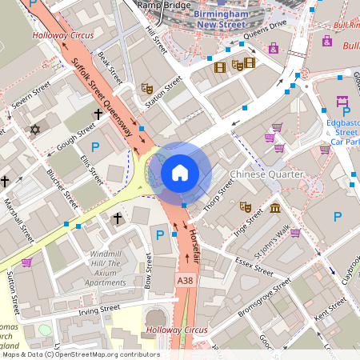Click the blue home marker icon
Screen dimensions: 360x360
(180, 172)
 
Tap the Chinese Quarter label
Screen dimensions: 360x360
(266, 174)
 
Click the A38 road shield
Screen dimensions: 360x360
(185, 280)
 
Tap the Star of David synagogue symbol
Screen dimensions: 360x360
(34, 129)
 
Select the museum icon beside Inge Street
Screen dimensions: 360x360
(275, 209)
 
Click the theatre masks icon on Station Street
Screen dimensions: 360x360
(146, 88)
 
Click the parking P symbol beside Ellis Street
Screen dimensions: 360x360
(96, 146)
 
